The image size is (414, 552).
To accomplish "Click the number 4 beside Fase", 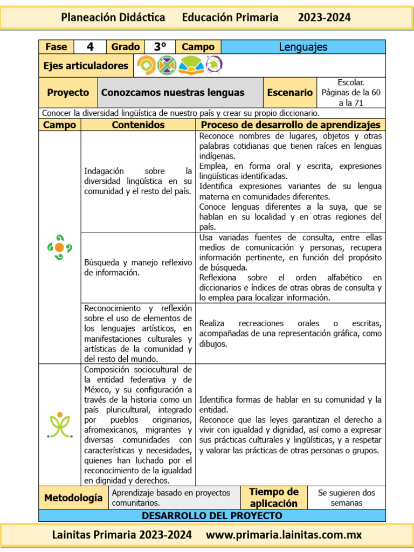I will [x=90, y=47].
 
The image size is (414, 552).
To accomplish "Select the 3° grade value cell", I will [x=160, y=47].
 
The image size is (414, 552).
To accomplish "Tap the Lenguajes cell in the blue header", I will [x=303, y=47].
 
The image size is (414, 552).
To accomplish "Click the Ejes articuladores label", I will [x=86, y=66].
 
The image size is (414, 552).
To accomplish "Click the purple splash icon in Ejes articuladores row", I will [x=213, y=65].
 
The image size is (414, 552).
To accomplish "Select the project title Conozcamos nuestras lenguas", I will [x=172, y=92].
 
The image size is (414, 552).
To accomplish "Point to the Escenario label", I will [x=289, y=92].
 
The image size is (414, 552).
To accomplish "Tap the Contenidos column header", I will [x=138, y=125].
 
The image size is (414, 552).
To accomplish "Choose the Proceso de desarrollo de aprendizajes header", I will [x=290, y=125].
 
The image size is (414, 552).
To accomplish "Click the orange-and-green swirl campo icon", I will [x=59, y=247].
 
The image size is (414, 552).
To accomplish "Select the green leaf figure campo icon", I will [x=59, y=425].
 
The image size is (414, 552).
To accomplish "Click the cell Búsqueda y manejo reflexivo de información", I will [x=138, y=267].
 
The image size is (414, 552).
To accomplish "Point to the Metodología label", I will [x=73, y=498].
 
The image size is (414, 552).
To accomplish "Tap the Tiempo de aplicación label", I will [x=273, y=498].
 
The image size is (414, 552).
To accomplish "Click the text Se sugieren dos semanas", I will [x=346, y=498].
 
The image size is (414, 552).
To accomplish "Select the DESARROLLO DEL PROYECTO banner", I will [x=212, y=516].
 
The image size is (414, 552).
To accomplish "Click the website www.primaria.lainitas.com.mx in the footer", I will [x=284, y=535].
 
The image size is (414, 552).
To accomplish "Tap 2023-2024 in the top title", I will [x=324, y=18].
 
